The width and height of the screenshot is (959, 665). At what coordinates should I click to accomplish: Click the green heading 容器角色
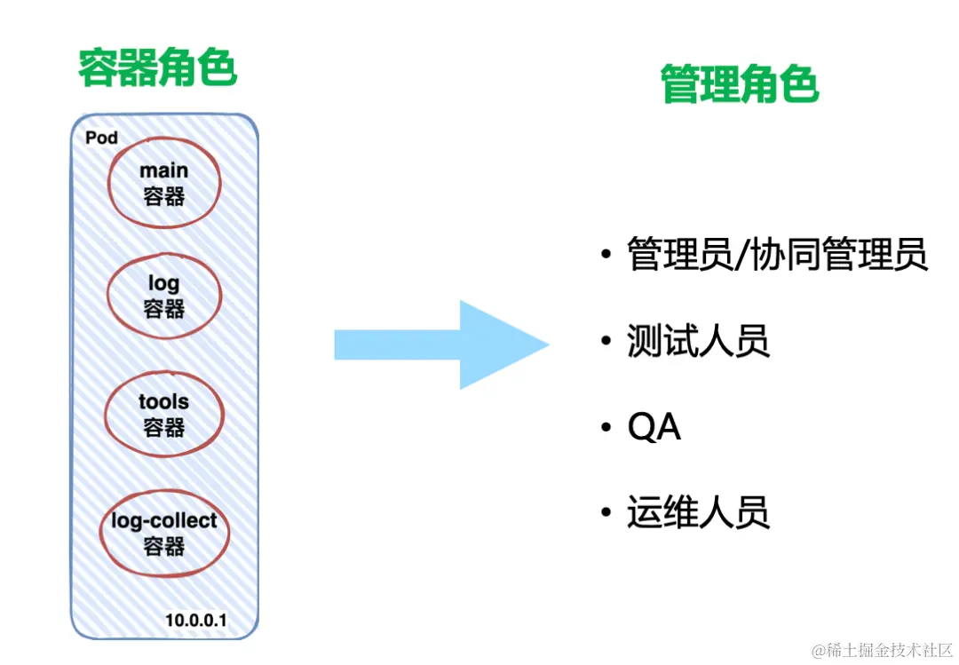pos(157,68)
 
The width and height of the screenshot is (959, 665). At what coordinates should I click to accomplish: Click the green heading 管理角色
pos(739,86)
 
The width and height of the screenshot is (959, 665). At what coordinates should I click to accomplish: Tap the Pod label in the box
pos(101,138)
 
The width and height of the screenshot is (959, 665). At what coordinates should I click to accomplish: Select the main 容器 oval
pos(164,183)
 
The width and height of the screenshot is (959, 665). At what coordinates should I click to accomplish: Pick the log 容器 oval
pos(164,296)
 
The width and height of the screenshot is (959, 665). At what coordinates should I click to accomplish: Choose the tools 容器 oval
pos(164,415)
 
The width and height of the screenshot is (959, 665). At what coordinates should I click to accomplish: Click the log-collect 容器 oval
pos(164,533)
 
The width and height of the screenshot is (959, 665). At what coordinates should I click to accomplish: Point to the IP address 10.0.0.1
pos(195,619)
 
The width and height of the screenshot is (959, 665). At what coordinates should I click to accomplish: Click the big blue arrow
pos(441,344)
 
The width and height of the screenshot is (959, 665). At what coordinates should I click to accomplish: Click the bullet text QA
pos(654,428)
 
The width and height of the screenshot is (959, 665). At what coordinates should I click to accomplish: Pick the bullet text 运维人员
pos(698,513)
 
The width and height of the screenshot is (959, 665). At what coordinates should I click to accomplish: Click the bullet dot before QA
pos(606,428)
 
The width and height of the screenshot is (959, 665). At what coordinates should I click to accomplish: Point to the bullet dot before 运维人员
pos(606,513)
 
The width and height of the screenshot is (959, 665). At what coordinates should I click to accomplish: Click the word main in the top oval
pos(164,170)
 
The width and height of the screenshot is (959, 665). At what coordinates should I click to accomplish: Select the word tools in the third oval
pos(164,401)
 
